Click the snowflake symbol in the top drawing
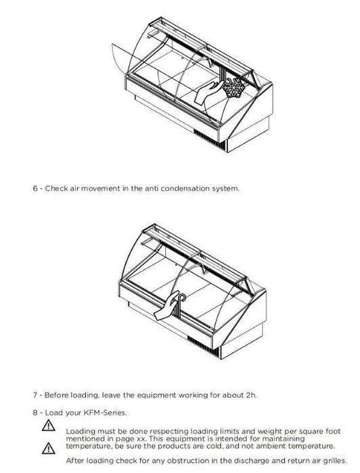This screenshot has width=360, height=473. (233, 88)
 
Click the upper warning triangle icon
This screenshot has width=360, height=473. (49, 425)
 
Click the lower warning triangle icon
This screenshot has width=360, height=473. (49, 448)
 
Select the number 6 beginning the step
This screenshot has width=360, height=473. (35, 189)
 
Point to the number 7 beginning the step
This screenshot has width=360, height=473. (35, 395)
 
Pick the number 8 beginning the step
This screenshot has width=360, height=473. (35, 412)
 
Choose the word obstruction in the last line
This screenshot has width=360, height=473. (187, 461)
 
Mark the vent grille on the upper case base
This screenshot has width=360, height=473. (209, 139)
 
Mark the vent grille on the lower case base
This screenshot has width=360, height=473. (203, 346)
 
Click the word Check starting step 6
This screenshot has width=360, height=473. (56, 189)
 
